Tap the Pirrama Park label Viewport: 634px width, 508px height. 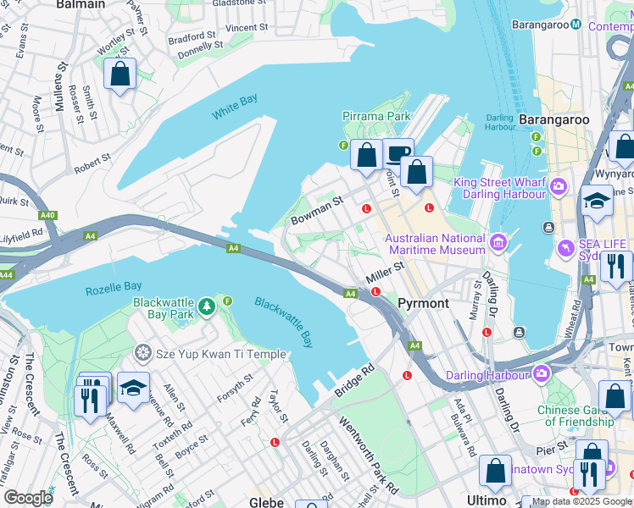coord(376,116)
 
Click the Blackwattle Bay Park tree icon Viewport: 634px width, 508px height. coord(206,304)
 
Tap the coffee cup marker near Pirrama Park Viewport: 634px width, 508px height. coord(398,154)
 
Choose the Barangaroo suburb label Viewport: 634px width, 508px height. coord(553,119)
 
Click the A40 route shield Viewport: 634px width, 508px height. coord(47,215)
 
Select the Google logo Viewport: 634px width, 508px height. coord(27,498)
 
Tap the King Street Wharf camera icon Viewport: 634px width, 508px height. coord(559,185)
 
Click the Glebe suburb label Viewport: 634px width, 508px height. coord(265,501)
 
